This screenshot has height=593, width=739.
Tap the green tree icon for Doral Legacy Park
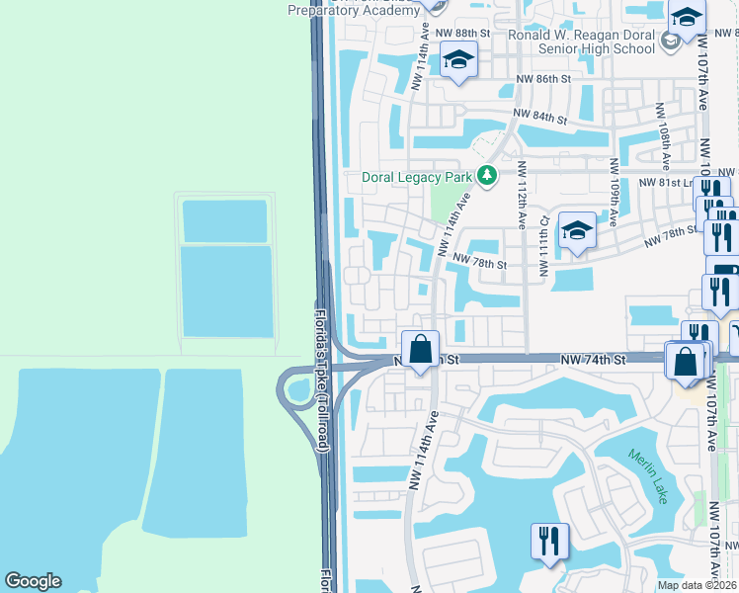click(x=486, y=176)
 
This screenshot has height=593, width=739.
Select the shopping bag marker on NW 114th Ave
click(x=421, y=350)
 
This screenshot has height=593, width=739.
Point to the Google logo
click(x=33, y=581)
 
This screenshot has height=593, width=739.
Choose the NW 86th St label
click(x=543, y=78)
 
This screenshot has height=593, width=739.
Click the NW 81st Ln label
click(x=667, y=183)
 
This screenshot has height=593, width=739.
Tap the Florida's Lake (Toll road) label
click(x=321, y=381)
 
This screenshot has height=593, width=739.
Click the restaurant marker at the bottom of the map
click(x=549, y=543)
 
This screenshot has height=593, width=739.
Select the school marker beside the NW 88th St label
click(x=457, y=61)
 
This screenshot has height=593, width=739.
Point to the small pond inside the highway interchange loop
click(x=296, y=390)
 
